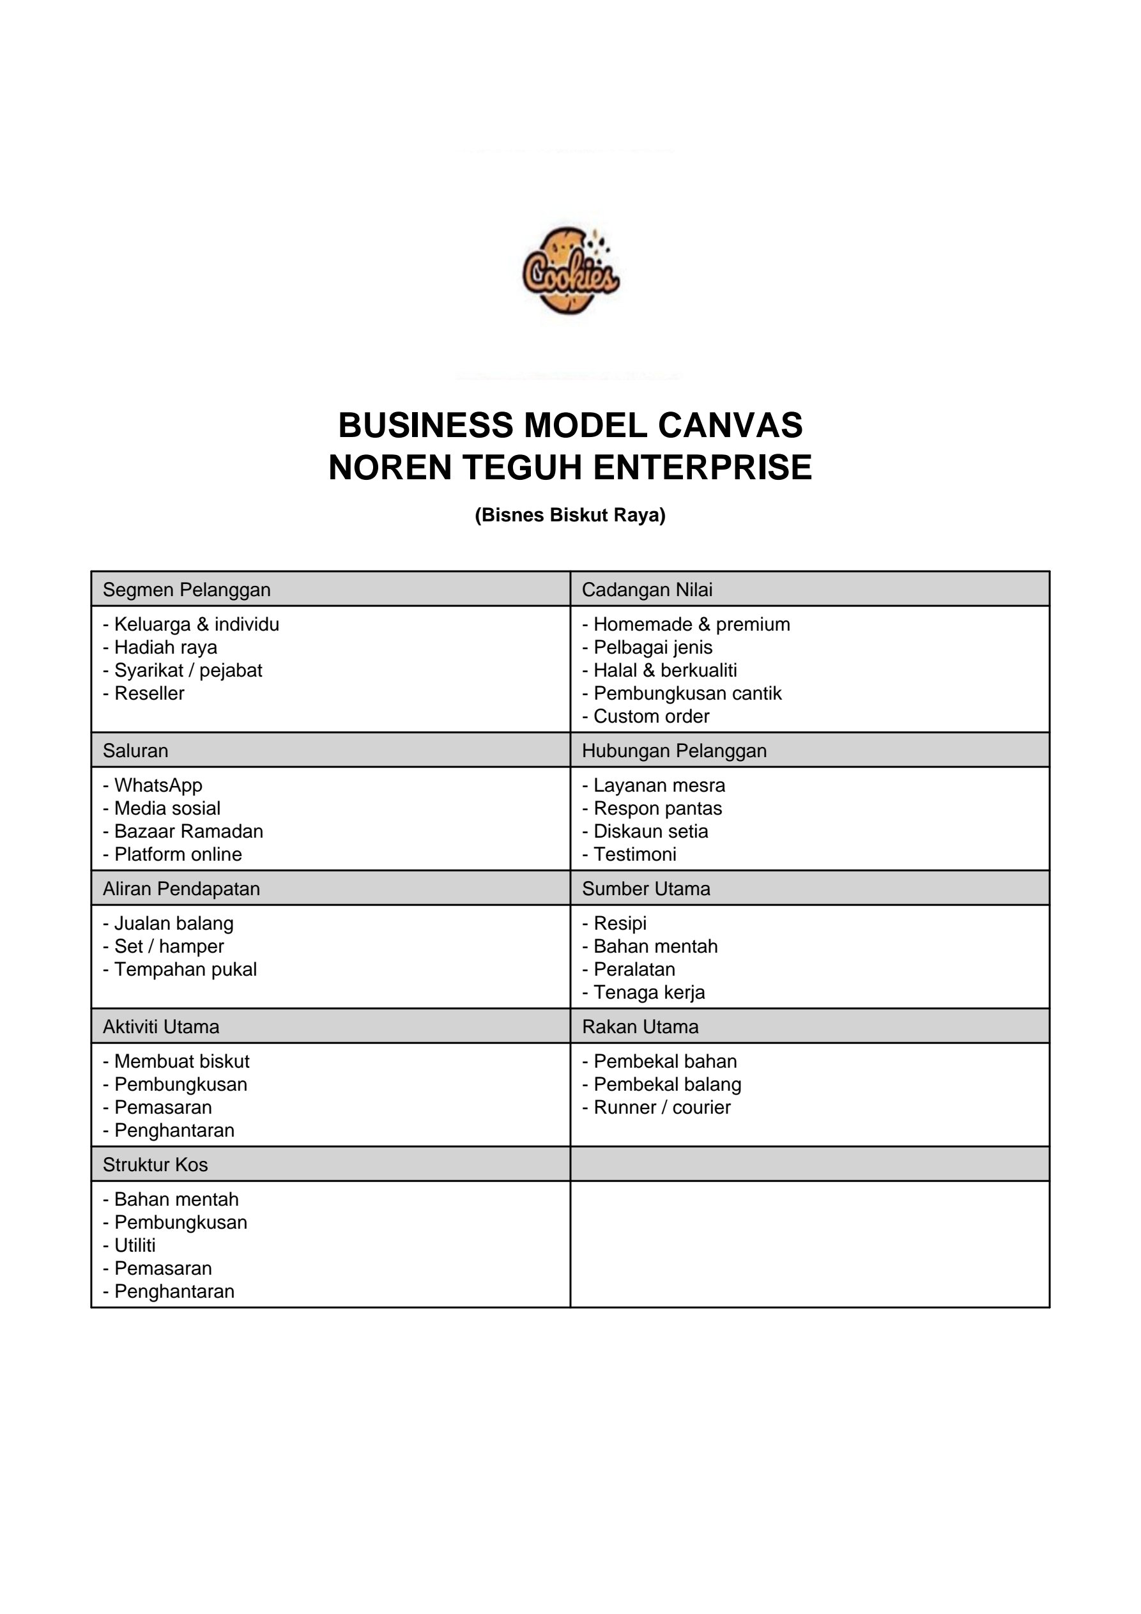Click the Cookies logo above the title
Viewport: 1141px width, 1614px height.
[x=570, y=271]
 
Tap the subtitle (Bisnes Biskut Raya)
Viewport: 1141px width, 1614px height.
[x=570, y=515]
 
